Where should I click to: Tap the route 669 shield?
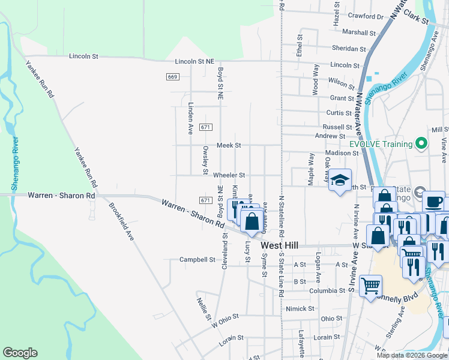(x=173, y=77)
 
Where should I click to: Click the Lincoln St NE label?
(x=194, y=61)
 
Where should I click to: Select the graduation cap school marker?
(x=340, y=180)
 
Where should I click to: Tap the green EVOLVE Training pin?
(x=421, y=144)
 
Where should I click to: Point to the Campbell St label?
(x=197, y=260)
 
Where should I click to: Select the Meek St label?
(x=229, y=145)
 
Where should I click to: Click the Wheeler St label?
(x=229, y=175)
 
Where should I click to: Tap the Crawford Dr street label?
(x=365, y=17)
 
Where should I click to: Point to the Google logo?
(x=20, y=352)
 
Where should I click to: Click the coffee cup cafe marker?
(x=433, y=202)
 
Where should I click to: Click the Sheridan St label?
(x=349, y=49)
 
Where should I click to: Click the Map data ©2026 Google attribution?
(x=411, y=355)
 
